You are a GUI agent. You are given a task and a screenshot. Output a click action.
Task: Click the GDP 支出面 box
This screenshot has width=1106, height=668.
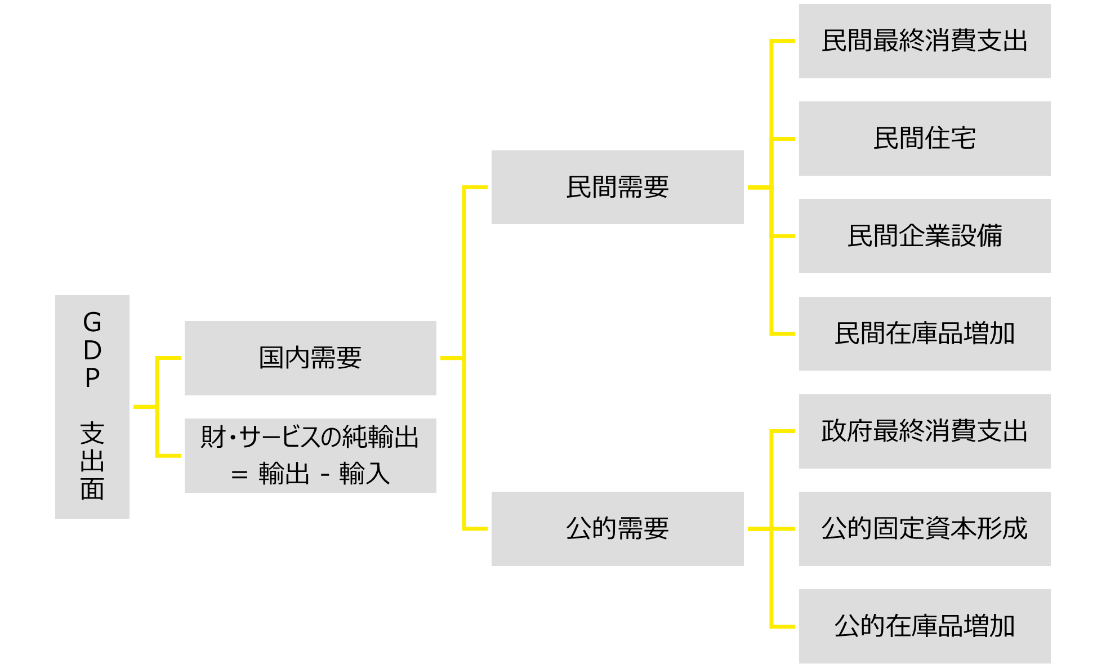[x=92, y=407]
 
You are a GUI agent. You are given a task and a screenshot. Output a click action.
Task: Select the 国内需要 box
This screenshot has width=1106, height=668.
[x=310, y=358]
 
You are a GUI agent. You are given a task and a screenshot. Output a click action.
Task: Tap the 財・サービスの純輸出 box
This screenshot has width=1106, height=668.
[x=310, y=456]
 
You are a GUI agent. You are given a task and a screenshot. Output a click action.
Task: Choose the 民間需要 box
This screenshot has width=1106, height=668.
[x=617, y=188]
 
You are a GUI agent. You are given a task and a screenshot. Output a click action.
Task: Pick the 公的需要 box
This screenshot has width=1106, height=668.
[x=617, y=529]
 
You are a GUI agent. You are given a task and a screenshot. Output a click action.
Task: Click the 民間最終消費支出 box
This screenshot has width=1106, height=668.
[x=924, y=41]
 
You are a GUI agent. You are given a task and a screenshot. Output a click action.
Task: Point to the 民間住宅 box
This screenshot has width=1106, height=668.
[x=924, y=139]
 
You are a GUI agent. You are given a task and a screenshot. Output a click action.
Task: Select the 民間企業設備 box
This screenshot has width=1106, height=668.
[x=924, y=236]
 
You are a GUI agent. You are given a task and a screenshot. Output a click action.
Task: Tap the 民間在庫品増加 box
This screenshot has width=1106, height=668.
[x=924, y=333]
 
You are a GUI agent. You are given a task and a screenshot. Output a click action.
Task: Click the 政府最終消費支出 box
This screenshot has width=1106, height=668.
[x=924, y=431]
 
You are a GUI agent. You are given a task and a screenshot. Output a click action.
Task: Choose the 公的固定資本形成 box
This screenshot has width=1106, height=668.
[x=924, y=529]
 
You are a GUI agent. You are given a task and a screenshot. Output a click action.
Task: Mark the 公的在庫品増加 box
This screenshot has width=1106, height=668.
[x=924, y=626]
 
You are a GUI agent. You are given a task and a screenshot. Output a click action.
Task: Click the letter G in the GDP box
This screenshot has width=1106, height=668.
[x=92, y=323]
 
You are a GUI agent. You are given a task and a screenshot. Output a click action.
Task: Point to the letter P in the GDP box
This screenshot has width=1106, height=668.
[x=92, y=378]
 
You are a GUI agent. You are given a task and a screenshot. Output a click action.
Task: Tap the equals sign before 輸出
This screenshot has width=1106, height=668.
[x=239, y=475]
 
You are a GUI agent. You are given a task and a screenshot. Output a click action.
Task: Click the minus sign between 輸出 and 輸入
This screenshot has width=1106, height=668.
[x=325, y=475]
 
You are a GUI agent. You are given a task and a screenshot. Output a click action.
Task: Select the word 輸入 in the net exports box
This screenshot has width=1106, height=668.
[x=364, y=474]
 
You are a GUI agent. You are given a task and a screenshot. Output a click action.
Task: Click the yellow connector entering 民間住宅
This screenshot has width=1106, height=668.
[x=784, y=139]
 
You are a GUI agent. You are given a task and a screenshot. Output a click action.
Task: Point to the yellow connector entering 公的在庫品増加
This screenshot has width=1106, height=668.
[x=784, y=626]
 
